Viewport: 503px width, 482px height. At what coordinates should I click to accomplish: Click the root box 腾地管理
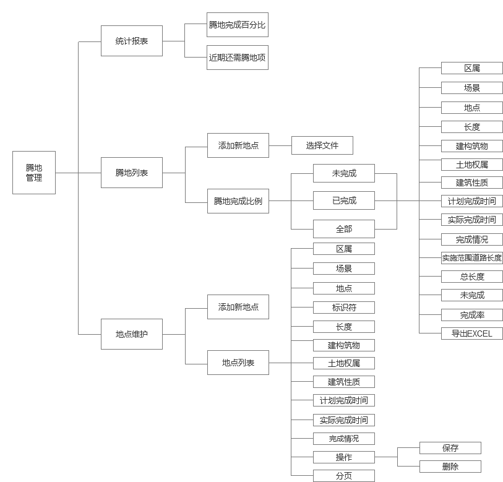click(x=34, y=173)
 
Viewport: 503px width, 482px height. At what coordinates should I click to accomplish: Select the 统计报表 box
click(x=132, y=41)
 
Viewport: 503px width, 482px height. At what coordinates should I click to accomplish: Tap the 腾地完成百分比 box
click(x=238, y=25)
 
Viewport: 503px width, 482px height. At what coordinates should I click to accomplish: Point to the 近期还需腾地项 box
click(x=238, y=57)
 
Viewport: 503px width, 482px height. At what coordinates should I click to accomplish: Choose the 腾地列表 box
click(x=132, y=173)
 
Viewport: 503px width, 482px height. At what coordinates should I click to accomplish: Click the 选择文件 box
click(x=322, y=145)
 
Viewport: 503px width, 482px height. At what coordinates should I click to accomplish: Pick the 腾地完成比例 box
click(x=238, y=201)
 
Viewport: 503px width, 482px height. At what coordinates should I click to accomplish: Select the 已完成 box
click(x=344, y=200)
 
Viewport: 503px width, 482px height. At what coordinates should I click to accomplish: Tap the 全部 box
click(x=344, y=229)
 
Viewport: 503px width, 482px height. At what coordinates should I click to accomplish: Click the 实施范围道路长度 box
click(x=472, y=258)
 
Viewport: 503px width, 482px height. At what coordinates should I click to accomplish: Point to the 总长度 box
click(x=472, y=277)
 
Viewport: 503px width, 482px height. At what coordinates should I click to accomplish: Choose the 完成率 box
click(x=472, y=315)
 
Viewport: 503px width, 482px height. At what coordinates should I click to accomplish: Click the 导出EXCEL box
click(x=472, y=334)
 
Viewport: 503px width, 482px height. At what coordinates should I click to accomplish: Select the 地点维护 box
click(x=132, y=334)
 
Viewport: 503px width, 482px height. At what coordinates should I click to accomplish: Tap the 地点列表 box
click(x=238, y=363)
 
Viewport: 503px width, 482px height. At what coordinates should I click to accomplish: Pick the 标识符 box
click(x=344, y=307)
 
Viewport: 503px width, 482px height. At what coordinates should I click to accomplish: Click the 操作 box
click(x=344, y=457)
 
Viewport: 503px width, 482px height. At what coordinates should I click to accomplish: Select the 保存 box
click(x=450, y=448)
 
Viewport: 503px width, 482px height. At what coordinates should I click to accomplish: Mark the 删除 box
click(x=450, y=467)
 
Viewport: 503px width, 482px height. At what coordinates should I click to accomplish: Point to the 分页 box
click(x=344, y=476)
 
